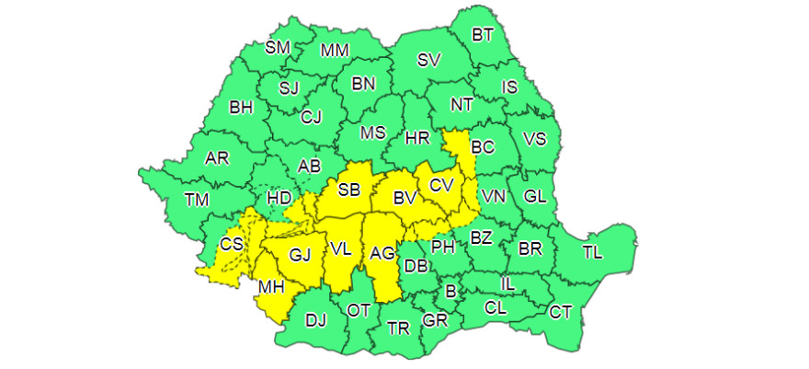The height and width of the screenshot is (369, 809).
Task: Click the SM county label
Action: coord(277,48)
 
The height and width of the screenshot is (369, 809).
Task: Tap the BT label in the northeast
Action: coord(483,35)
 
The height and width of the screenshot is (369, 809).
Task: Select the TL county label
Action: coord(593,253)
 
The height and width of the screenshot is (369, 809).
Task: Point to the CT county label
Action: coord(561,312)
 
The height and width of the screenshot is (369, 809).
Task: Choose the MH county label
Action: coord(270,287)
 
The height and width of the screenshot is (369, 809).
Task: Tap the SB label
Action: coord(348,190)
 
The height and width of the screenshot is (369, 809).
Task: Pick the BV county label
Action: coord(405,197)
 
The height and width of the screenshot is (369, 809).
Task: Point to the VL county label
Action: coord(341,248)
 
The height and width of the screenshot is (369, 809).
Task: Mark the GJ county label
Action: coord(301,255)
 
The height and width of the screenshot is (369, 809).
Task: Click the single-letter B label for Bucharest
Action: coord(450,292)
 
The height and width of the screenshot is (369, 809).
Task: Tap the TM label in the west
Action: coord(196,199)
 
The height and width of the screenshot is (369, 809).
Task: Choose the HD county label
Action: coord(279,198)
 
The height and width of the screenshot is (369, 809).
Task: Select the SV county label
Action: coord(428,61)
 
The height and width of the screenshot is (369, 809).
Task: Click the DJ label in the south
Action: coord(315,320)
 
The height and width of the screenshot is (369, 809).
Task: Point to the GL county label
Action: coord(535,196)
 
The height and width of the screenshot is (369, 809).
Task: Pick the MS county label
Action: coord(372,133)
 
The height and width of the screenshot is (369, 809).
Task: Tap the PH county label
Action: coord(444,246)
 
